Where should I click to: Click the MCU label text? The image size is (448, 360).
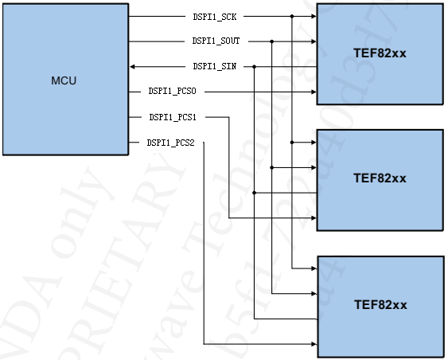(64, 80)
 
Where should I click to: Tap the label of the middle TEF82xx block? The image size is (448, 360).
(380, 178)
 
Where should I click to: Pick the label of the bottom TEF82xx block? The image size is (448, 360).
(380, 305)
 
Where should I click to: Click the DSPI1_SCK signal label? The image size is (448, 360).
(214, 16)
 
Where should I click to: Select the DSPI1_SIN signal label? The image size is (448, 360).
(214, 66)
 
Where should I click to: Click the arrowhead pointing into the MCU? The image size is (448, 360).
(134, 66)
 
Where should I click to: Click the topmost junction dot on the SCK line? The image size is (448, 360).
(292, 16)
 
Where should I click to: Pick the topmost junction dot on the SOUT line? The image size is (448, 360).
(272, 41)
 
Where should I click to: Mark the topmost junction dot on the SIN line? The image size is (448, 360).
(254, 66)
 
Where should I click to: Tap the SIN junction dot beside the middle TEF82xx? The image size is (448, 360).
(254, 192)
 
